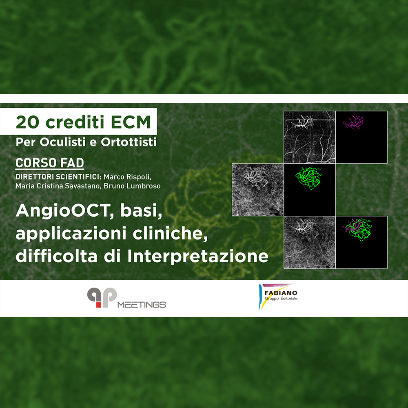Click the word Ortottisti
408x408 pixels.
coord(129,142)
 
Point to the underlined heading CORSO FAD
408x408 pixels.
coord(50,163)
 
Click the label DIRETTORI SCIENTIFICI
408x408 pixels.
coord(58,177)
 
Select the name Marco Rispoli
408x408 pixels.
coord(127,177)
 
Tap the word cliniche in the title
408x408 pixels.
coord(170,233)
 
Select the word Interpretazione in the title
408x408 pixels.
coord(198,256)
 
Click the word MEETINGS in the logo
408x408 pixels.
coord(142,304)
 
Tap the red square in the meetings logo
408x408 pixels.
coord(99,305)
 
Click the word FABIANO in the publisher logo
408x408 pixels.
coord(281,293)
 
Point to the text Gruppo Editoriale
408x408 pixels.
coord(281,299)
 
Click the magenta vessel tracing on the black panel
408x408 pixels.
coord(353,122)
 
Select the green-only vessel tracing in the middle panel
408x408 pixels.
coord(308,178)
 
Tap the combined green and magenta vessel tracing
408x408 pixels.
coord(357,229)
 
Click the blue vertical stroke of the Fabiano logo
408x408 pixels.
coord(260,297)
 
